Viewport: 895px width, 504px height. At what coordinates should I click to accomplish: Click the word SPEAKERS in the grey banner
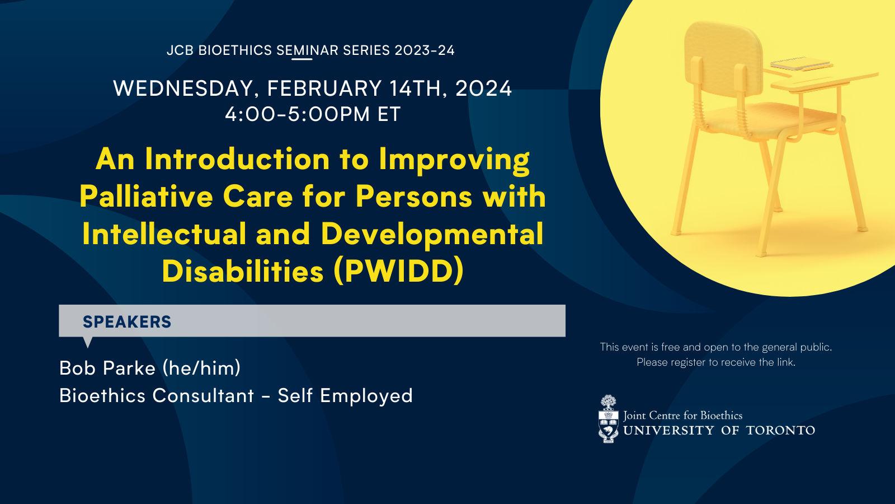point(127,321)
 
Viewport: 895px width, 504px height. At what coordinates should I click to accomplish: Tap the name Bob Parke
point(107,368)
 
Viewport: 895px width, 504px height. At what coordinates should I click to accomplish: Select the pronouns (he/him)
point(201,368)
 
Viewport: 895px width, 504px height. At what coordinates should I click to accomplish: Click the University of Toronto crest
point(608,419)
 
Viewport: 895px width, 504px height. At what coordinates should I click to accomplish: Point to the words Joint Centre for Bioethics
point(683,416)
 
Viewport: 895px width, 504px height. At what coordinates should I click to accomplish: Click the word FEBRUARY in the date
point(324,88)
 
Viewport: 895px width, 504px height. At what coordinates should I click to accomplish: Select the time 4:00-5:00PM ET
point(313,114)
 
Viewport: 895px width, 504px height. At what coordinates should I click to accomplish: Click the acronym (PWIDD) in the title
point(399,271)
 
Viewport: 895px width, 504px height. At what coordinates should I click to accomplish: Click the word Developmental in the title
point(432,235)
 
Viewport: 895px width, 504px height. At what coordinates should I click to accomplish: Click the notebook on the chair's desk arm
point(800,64)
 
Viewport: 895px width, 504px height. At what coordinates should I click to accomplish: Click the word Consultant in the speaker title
point(203,395)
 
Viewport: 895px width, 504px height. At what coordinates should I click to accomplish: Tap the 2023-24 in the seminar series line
point(425,50)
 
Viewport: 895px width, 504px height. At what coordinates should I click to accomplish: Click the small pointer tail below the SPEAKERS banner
point(87,342)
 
